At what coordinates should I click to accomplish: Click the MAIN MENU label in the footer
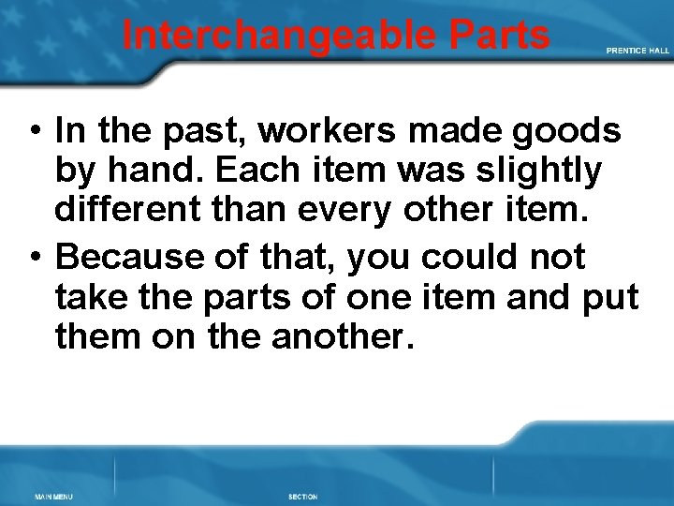point(53,496)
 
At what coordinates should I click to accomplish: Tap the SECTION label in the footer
point(302,496)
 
